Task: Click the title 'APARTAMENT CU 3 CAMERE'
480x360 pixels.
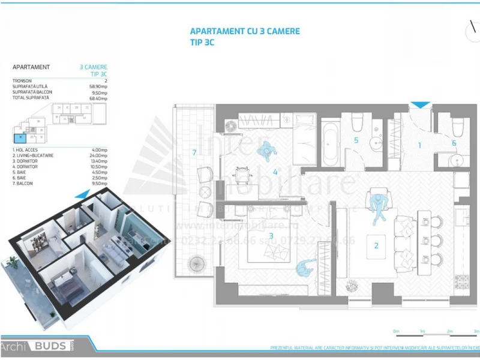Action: pyautogui.click(x=245, y=32)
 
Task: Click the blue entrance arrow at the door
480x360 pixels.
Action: pyautogui.click(x=421, y=105)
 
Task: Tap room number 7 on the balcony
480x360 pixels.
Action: pyautogui.click(x=194, y=152)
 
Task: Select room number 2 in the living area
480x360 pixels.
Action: pyautogui.click(x=376, y=245)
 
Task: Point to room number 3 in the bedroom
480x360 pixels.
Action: pyautogui.click(x=271, y=236)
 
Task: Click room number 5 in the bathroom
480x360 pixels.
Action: pyautogui.click(x=356, y=140)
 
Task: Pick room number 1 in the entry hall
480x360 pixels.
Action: pyautogui.click(x=420, y=145)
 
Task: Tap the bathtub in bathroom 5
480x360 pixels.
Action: pyautogui.click(x=331, y=144)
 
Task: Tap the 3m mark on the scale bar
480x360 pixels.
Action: pyautogui.click(x=476, y=331)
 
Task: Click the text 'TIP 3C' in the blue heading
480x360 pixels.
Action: pyautogui.click(x=202, y=43)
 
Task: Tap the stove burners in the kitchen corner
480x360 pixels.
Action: pyautogui.click(x=462, y=280)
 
